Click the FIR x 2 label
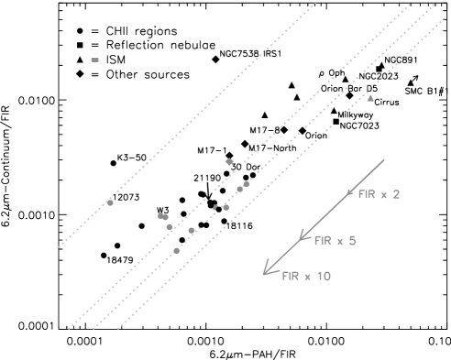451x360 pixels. [379, 194]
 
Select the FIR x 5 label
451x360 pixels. [335, 241]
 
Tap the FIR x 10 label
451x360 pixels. [306, 276]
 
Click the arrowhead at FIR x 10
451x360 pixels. [265, 272]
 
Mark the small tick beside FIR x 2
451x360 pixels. [349, 192]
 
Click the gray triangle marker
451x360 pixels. [370, 97]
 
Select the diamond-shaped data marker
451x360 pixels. [229, 162]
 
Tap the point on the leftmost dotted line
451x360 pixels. [110, 202]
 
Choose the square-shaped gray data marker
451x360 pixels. [161, 216]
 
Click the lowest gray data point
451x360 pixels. [177, 250]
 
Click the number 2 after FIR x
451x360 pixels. [396, 194]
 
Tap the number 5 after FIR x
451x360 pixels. [352, 241]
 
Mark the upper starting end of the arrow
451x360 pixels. [384, 160]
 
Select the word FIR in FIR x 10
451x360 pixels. [291, 276]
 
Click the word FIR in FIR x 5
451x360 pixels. [322, 241]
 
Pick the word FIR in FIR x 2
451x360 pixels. [366, 194]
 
